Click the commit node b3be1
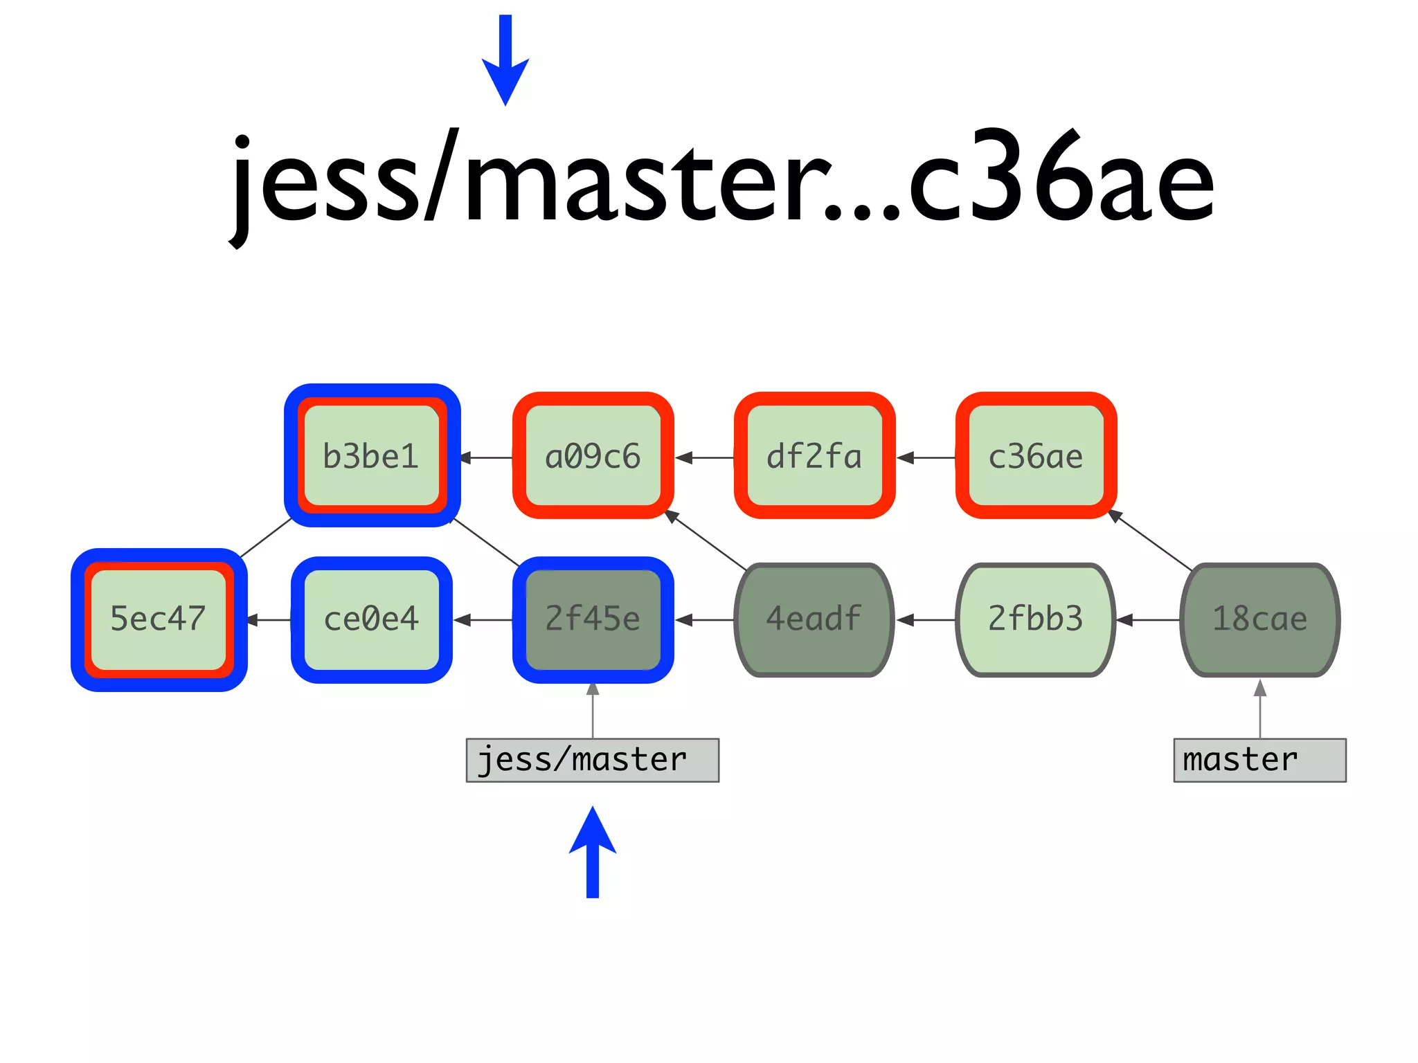pyautogui.click(x=372, y=455)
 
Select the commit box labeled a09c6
pyautogui.click(x=593, y=455)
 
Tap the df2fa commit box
pyautogui.click(x=814, y=455)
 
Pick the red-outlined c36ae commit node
pyautogui.click(x=1036, y=455)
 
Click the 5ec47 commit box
pyautogui.click(x=159, y=619)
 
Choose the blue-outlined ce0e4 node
pyautogui.click(x=372, y=619)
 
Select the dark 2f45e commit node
pyautogui.click(x=593, y=619)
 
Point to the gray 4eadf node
pyautogui.click(x=814, y=619)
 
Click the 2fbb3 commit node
pyautogui.click(x=1036, y=619)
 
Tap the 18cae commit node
pyautogui.click(x=1259, y=619)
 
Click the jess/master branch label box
pyautogui.click(x=593, y=760)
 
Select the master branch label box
pyautogui.click(x=1259, y=760)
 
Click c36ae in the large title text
pyautogui.click(x=1059, y=180)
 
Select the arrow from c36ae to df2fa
pyautogui.click(x=926, y=457)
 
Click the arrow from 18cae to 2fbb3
pyautogui.click(x=1148, y=620)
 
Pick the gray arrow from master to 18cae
pyautogui.click(x=1260, y=709)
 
